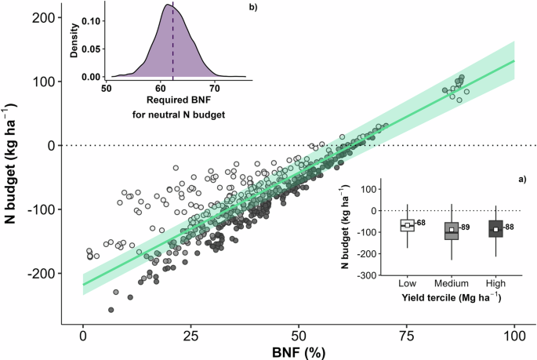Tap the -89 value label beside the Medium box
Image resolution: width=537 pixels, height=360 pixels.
pos(464,228)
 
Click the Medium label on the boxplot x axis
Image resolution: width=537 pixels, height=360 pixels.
pos(451,283)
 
